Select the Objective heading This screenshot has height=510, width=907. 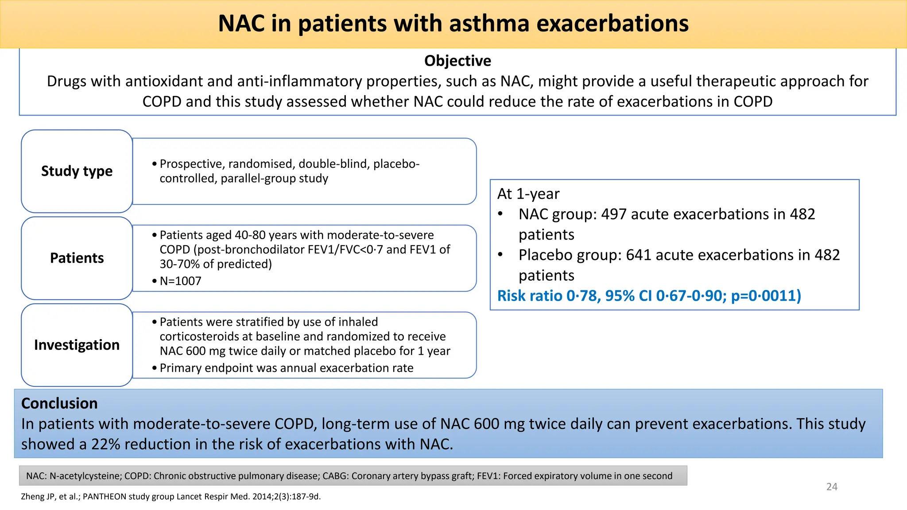tap(457, 61)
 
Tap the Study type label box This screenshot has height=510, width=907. tap(77, 171)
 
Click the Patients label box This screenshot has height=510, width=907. tap(77, 258)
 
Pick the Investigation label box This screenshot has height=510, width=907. tap(77, 345)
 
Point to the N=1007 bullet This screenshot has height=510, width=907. tap(180, 281)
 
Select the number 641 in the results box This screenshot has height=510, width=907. tap(639, 255)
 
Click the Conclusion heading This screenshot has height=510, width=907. tap(59, 403)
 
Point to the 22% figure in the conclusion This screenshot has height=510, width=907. tap(106, 444)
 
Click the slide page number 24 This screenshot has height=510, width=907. tap(832, 487)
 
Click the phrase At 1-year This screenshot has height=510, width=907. tap(528, 194)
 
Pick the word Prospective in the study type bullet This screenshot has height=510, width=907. tap(192, 164)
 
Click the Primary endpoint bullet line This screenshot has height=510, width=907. tap(286, 368)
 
